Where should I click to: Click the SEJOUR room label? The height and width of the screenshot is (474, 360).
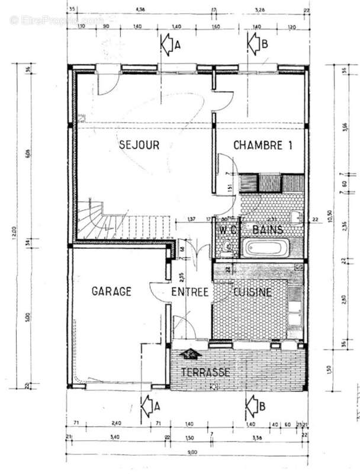pyautogui.click(x=139, y=145)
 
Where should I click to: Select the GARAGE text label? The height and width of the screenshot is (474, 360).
pyautogui.click(x=111, y=291)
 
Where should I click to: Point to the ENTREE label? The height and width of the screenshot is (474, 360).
pyautogui.click(x=190, y=292)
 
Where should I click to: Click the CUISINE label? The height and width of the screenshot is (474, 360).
pyautogui.click(x=252, y=292)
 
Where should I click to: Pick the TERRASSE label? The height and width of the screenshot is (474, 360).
pyautogui.click(x=205, y=372)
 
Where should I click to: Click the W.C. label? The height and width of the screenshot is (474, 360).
pyautogui.click(x=228, y=228)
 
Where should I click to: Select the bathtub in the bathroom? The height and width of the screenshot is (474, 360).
pyautogui.click(x=266, y=247)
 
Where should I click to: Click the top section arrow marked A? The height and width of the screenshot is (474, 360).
pyautogui.click(x=168, y=44)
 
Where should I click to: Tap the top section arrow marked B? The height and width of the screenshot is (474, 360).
pyautogui.click(x=255, y=43)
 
